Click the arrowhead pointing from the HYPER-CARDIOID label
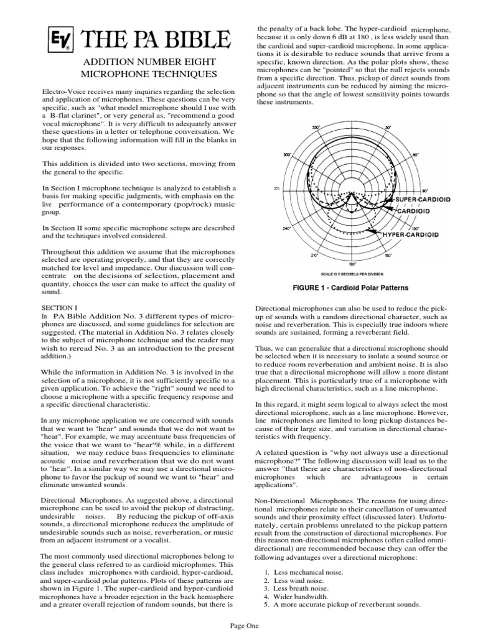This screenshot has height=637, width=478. click(x=370, y=231)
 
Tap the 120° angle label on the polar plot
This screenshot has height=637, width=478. click(x=397, y=228)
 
